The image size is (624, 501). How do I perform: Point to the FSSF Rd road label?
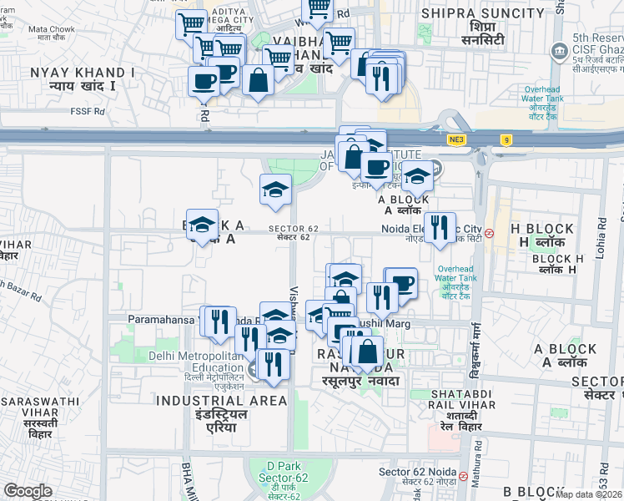[88, 110]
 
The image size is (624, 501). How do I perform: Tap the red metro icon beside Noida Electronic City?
[491, 233]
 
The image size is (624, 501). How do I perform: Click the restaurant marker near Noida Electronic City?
[440, 227]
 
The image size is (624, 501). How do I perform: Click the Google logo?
[28, 491]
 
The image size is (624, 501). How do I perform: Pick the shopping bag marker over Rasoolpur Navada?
[367, 352]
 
